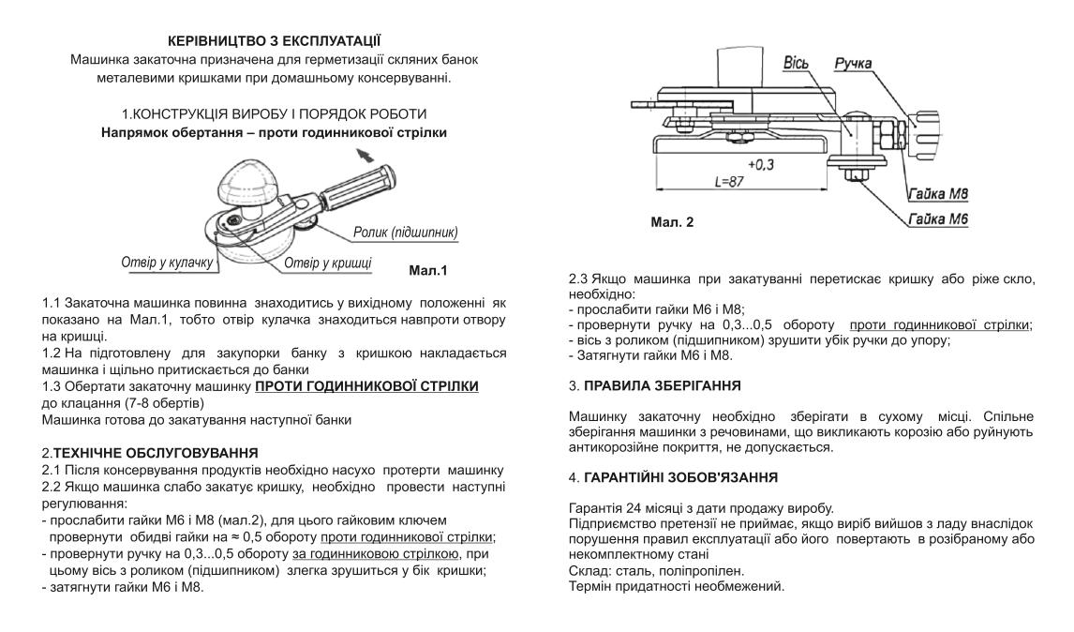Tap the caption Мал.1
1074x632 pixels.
pyautogui.click(x=428, y=272)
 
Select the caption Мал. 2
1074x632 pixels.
pyautogui.click(x=672, y=225)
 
